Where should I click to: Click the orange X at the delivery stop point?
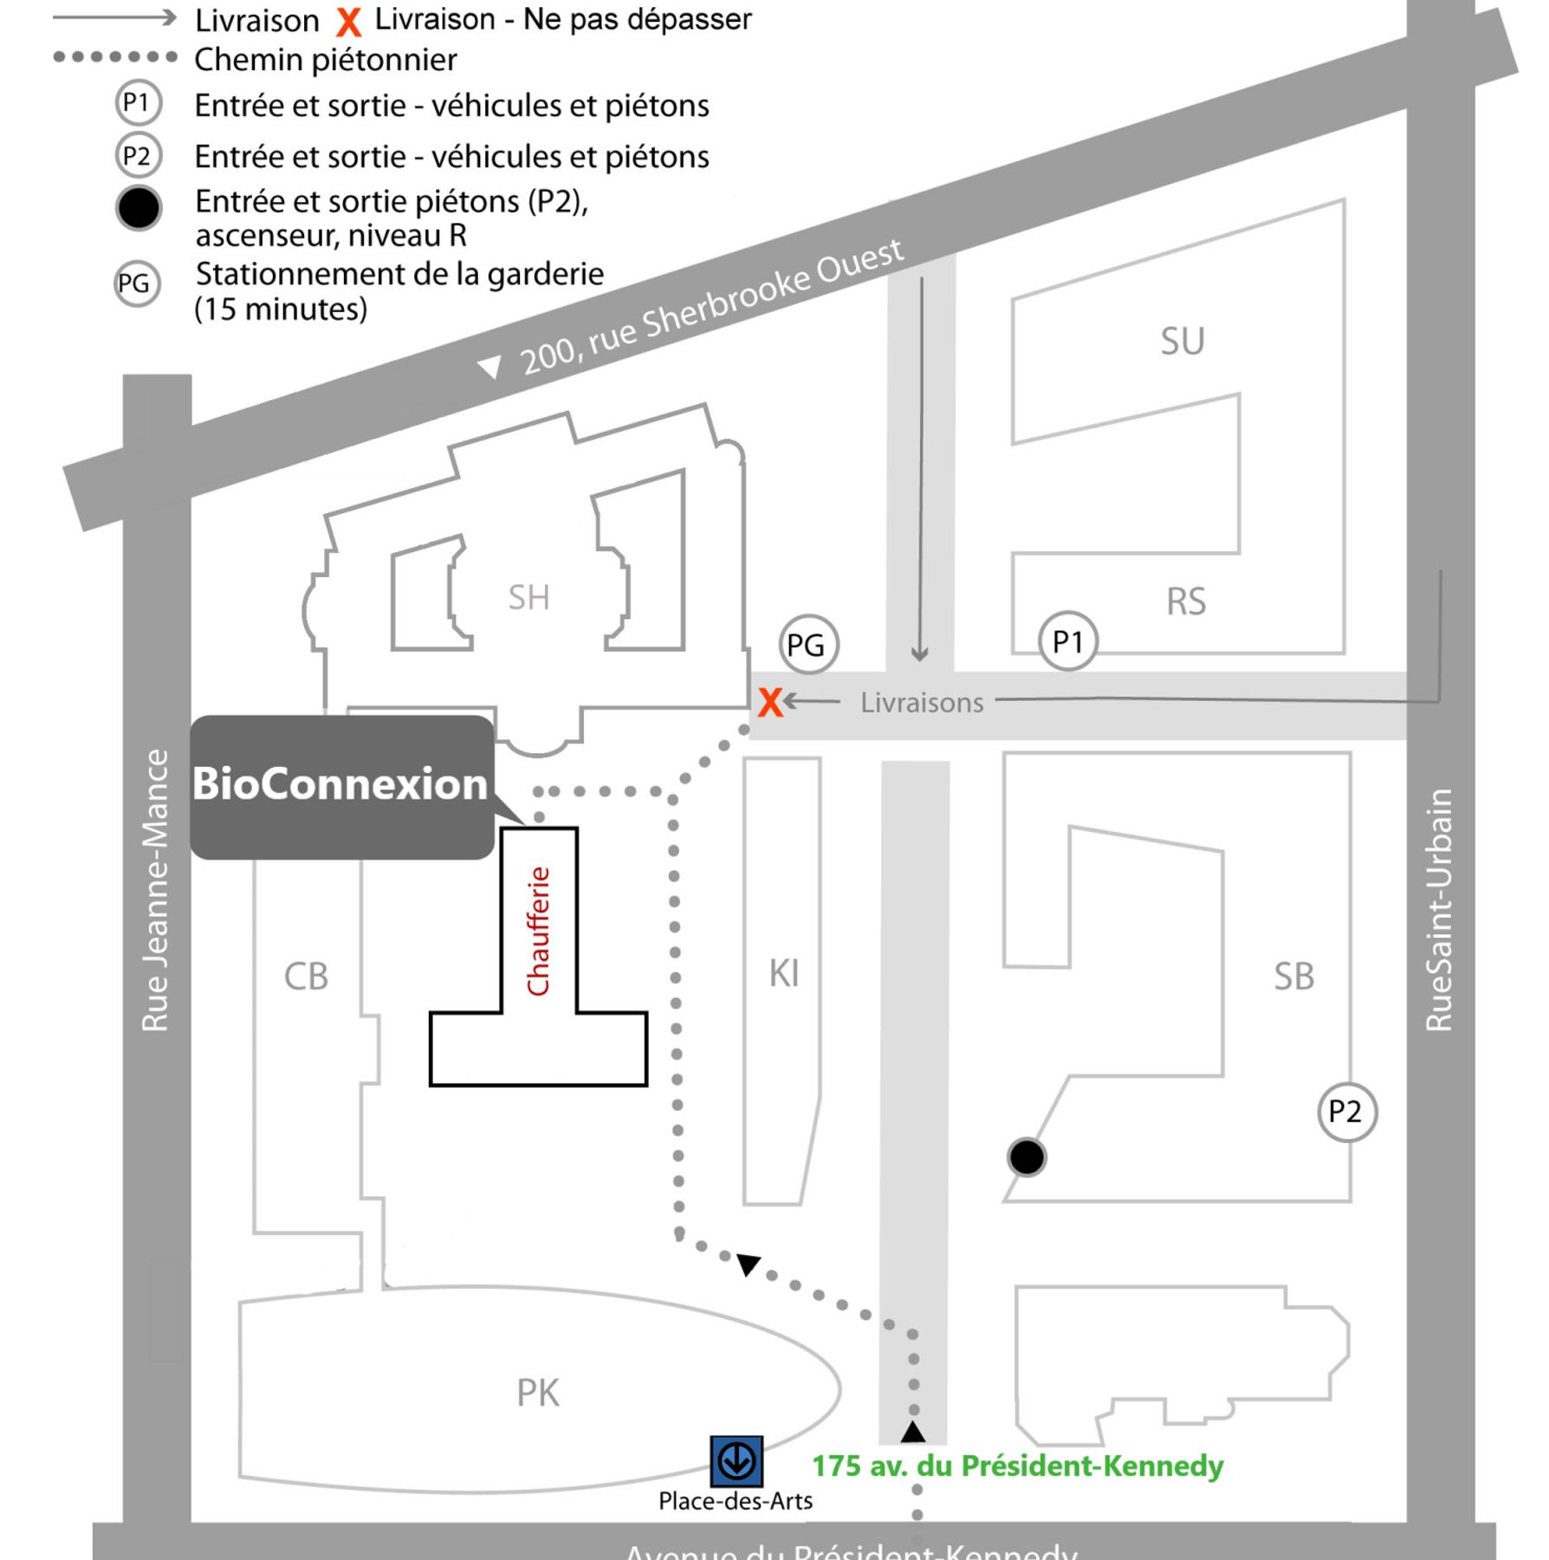coord(769,702)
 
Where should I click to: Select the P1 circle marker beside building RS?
coord(1067,642)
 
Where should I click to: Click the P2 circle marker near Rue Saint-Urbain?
coord(1346,1111)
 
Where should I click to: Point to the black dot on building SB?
coord(1027,1157)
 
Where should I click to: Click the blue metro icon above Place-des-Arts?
coord(736,1461)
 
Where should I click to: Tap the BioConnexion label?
coord(340,784)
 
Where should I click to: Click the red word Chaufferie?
coord(539,931)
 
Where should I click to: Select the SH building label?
coord(528,597)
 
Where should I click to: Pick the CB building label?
coord(306,977)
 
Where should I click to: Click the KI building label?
coord(784,973)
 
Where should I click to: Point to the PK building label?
coord(537,1394)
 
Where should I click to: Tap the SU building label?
coord(1183,341)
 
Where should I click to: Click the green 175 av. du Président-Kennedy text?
coord(1017,1466)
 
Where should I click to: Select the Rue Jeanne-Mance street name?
coord(155,890)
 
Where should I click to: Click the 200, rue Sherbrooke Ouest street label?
coord(710,308)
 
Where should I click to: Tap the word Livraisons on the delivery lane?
coord(922,703)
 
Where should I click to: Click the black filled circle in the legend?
coord(139,208)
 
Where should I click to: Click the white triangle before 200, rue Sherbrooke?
coord(490,367)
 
